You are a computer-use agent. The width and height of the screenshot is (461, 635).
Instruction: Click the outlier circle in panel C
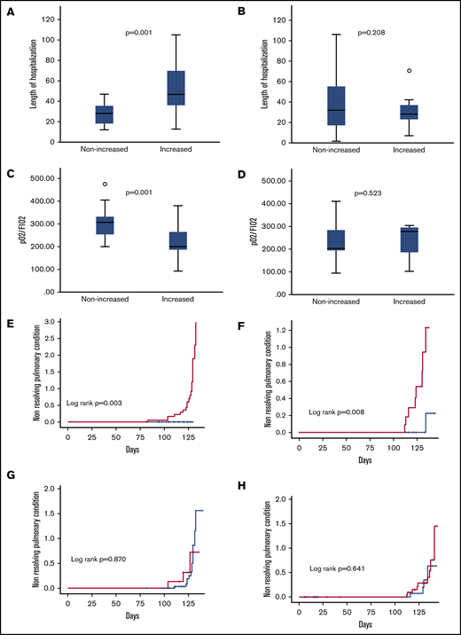point(105,184)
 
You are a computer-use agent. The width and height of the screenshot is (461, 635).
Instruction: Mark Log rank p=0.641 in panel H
point(337,568)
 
